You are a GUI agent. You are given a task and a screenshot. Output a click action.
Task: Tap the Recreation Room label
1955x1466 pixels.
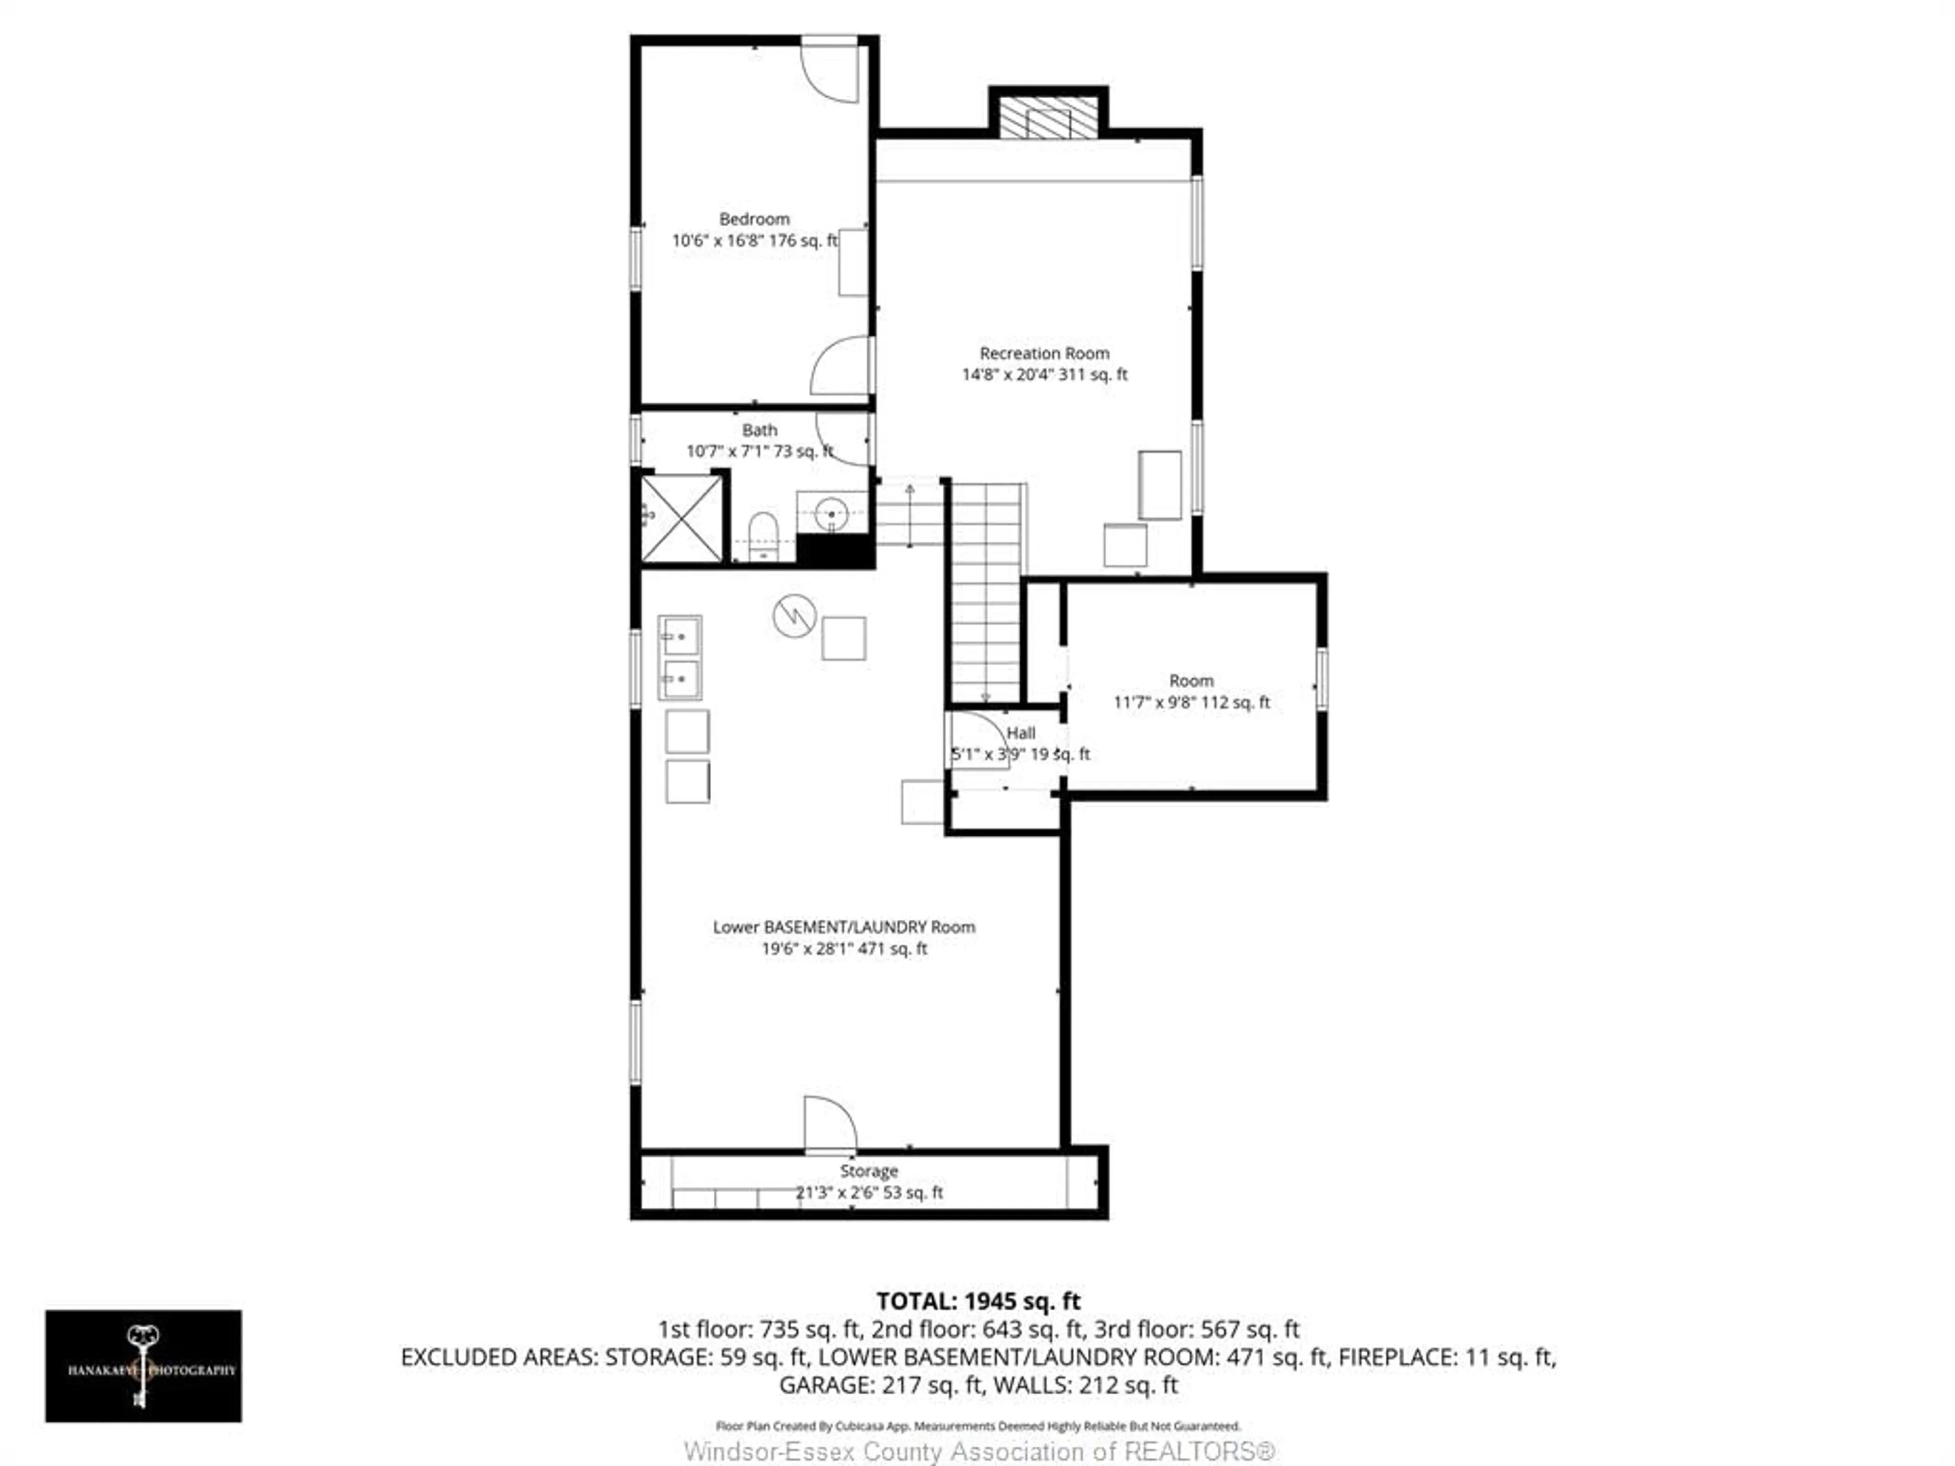click(x=1044, y=353)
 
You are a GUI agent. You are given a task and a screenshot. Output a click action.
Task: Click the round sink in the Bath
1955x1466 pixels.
click(x=831, y=513)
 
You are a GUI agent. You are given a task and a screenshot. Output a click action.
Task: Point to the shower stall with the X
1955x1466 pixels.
click(x=681, y=519)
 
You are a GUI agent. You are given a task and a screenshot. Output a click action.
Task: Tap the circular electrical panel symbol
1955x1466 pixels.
click(x=794, y=616)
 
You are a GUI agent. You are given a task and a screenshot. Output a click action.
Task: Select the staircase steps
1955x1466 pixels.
click(x=986, y=592)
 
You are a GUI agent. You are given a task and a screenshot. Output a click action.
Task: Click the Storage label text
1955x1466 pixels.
click(x=869, y=1171)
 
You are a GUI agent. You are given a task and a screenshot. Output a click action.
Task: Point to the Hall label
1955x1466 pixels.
click(x=1021, y=732)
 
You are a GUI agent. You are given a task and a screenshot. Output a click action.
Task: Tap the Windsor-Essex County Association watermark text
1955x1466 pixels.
click(x=979, y=1451)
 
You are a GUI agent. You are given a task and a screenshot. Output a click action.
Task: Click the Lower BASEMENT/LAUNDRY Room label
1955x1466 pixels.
click(x=844, y=927)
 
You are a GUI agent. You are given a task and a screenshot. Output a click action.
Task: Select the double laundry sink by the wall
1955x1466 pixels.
click(x=680, y=658)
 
